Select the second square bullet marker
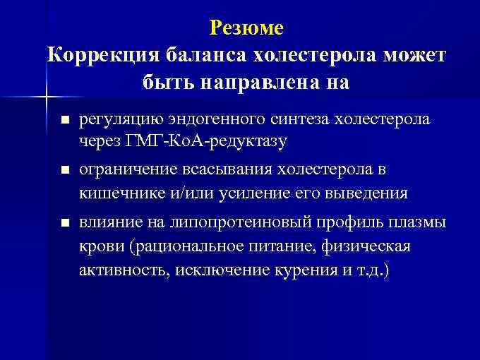tap(66, 171)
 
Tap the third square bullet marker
tap(66, 223)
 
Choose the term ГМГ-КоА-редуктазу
tap(205, 140)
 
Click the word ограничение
tap(123, 170)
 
